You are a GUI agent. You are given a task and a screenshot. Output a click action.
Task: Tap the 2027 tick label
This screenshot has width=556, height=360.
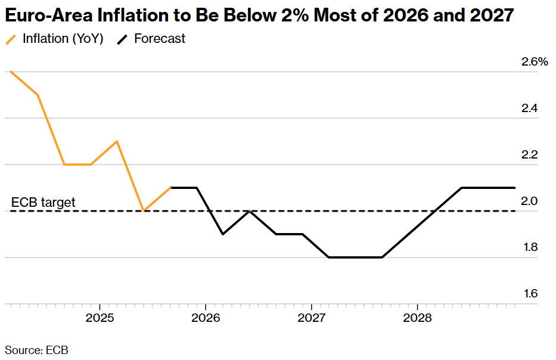(x=312, y=317)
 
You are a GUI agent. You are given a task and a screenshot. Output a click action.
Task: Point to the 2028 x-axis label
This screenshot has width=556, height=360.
(x=417, y=317)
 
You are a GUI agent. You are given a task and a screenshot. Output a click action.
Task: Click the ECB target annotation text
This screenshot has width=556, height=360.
(x=44, y=203)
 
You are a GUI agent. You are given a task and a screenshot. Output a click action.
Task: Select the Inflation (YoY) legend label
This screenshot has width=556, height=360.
(x=63, y=39)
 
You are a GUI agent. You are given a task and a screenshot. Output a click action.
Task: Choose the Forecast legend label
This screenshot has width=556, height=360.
(x=160, y=39)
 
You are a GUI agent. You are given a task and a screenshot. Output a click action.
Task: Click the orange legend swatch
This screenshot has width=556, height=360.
(x=11, y=39)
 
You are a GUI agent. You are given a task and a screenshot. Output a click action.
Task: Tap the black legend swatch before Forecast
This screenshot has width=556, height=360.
(x=122, y=39)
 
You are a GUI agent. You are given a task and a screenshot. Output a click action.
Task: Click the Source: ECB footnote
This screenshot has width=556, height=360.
(x=36, y=350)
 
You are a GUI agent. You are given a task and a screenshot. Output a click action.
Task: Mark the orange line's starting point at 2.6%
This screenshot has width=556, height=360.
(x=11, y=72)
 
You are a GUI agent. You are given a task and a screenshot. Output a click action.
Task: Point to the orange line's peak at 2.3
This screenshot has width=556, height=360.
(x=117, y=141)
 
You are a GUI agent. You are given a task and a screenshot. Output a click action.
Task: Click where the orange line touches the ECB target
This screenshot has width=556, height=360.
(x=144, y=210)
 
